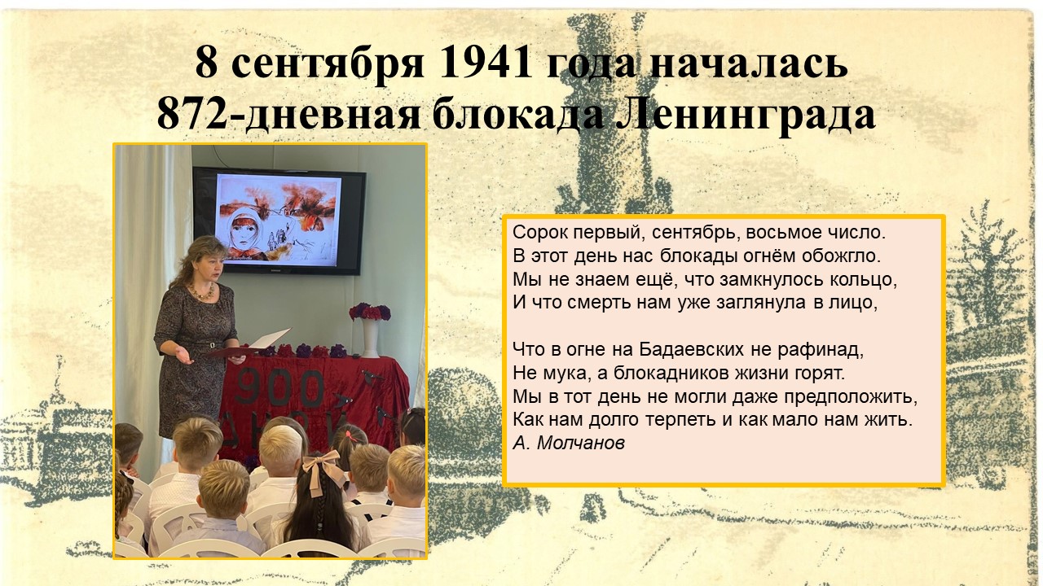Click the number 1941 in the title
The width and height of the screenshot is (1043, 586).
coord(485,63)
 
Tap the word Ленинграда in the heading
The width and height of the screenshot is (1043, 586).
coord(746,115)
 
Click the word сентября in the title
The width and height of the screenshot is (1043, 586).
coord(328,65)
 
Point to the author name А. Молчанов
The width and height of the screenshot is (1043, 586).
coord(569,444)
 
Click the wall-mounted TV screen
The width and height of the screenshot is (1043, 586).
coord(279,221)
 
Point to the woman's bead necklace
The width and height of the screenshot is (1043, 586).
coord(201,291)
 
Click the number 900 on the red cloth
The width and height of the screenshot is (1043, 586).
coord(279,387)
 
